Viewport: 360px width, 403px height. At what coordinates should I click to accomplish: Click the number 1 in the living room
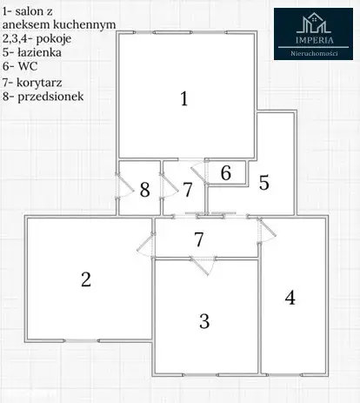pos(184,98)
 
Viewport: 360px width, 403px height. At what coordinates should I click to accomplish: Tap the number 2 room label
pos(86,279)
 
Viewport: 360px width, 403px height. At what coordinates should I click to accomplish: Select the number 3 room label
pos(204,321)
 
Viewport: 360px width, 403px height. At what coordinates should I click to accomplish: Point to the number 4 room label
pos(290,298)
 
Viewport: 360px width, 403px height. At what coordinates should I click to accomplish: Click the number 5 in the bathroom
pos(263,183)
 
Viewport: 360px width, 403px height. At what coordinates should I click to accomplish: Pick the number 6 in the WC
pos(226,173)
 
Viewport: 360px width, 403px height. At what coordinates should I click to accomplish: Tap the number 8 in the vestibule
pos(144,190)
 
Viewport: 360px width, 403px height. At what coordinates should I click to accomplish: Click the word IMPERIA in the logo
pos(315,40)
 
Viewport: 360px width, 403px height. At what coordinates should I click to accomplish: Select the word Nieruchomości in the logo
pos(314,53)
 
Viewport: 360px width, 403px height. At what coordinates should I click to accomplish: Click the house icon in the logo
pos(314,23)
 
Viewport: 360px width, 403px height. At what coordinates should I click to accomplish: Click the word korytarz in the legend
pos(39,83)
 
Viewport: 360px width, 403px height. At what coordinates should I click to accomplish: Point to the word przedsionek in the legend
pos(50,97)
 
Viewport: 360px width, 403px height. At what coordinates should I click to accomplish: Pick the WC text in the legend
pos(28,66)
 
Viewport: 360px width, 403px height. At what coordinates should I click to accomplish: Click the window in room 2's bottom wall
pos(82,340)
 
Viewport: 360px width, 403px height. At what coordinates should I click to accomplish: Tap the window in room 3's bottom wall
pos(201,375)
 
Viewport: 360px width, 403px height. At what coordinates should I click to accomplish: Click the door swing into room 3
pos(203,265)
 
